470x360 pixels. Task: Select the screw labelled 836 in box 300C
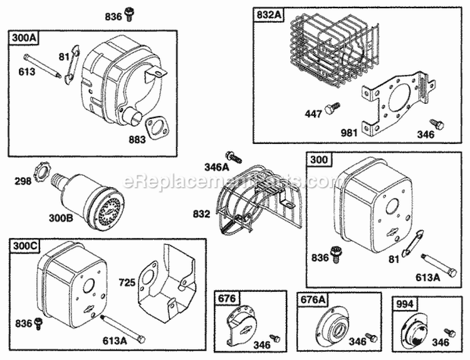click(x=38, y=322)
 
